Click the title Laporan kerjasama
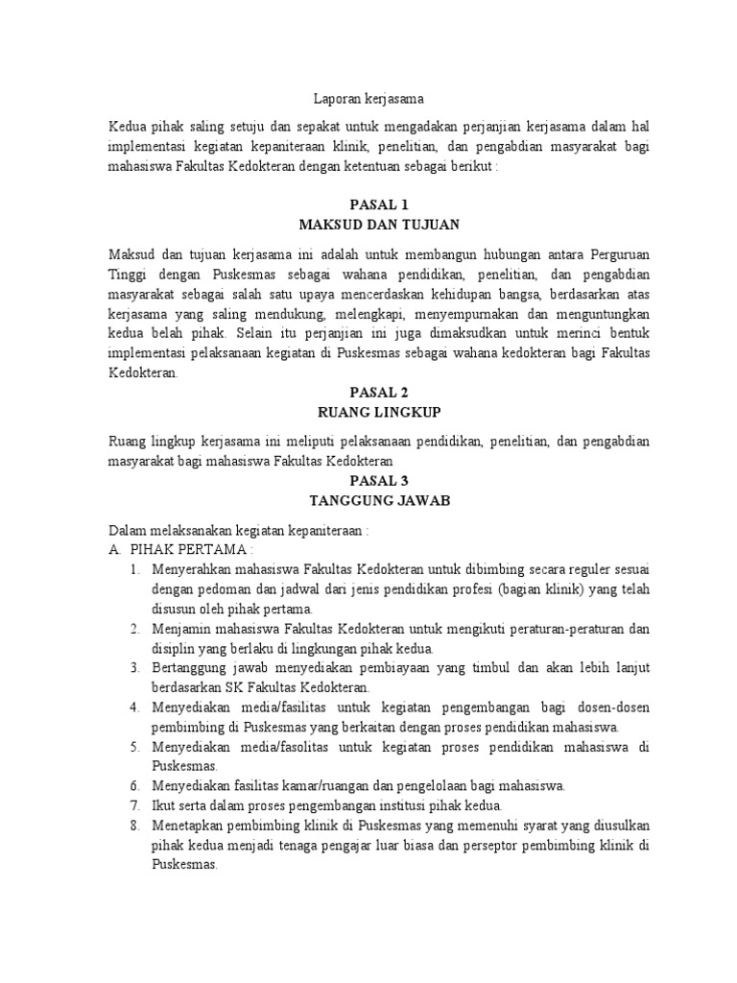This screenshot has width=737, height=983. (368, 98)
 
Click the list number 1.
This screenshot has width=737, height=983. (135, 570)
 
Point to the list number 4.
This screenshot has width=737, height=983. (135, 707)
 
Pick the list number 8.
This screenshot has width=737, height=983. (135, 825)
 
